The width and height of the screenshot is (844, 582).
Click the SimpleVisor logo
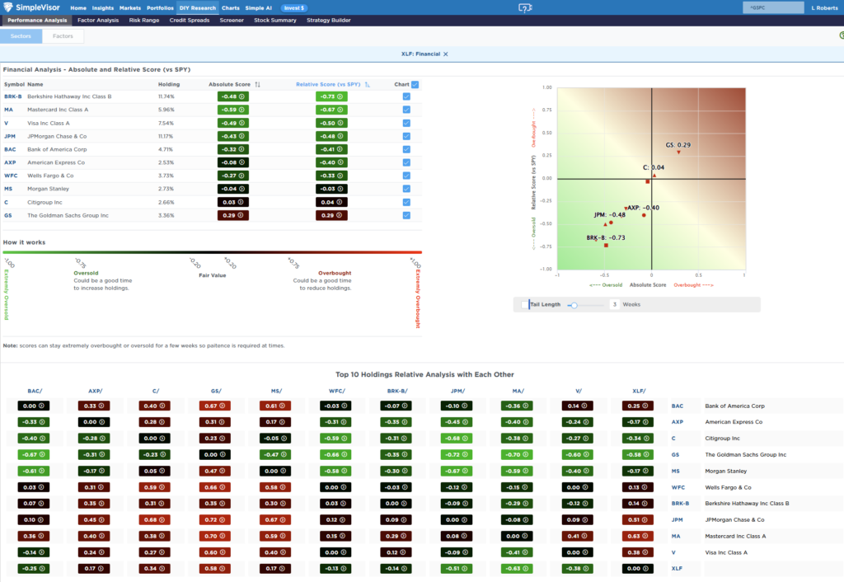coord(32,7)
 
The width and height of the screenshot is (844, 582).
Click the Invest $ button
coord(294,7)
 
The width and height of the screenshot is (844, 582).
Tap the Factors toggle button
coord(63,36)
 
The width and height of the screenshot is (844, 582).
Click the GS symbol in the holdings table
coord(9,215)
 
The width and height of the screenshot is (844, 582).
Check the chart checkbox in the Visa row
coord(406,123)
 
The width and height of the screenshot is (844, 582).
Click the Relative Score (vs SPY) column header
coord(329,84)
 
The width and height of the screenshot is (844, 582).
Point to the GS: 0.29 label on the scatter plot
coord(678,145)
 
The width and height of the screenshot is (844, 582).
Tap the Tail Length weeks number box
coord(614,304)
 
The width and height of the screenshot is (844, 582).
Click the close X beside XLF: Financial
coord(446,54)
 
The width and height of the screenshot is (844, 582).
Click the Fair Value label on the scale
coord(212,275)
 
